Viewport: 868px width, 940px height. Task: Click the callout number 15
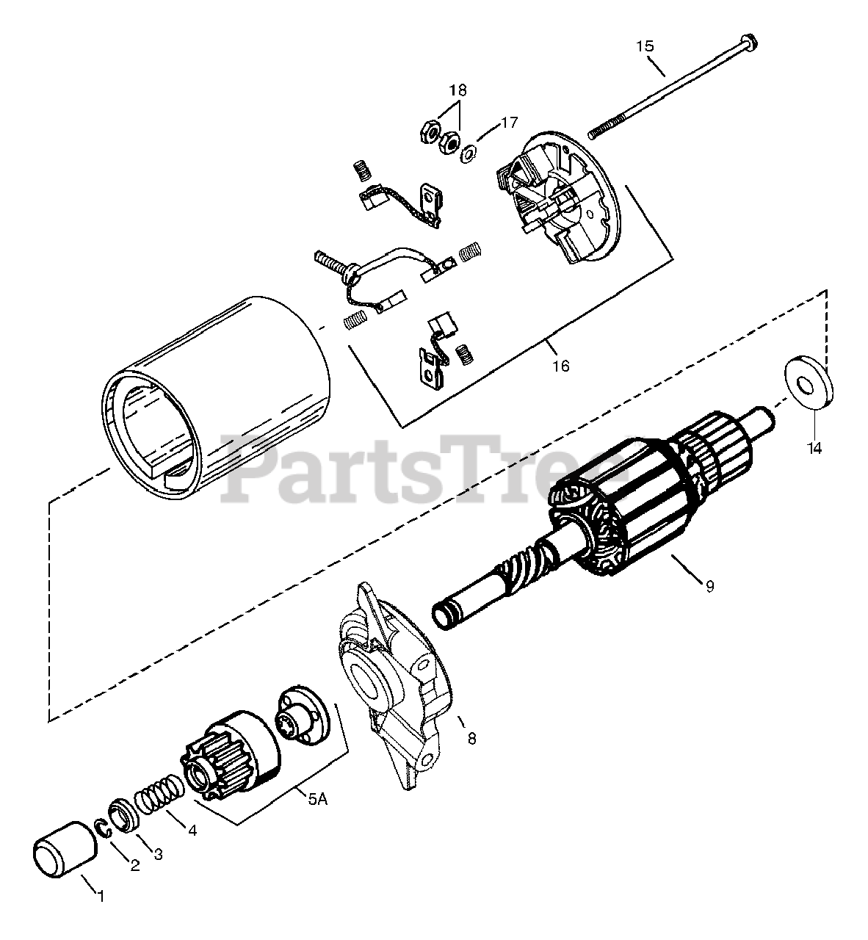tap(644, 46)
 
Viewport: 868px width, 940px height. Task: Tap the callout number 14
tap(815, 447)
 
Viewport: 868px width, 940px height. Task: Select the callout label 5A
tap(317, 800)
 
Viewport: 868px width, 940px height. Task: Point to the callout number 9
tap(709, 586)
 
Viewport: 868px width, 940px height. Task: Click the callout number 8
tap(471, 739)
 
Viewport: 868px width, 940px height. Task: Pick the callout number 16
tap(560, 366)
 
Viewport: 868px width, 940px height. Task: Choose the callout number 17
tap(510, 122)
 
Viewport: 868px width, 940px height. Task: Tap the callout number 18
tap(457, 90)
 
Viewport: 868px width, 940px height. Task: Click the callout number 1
tap(101, 897)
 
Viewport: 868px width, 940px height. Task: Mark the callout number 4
tap(192, 831)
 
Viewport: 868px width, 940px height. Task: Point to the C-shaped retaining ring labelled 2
tap(105, 827)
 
